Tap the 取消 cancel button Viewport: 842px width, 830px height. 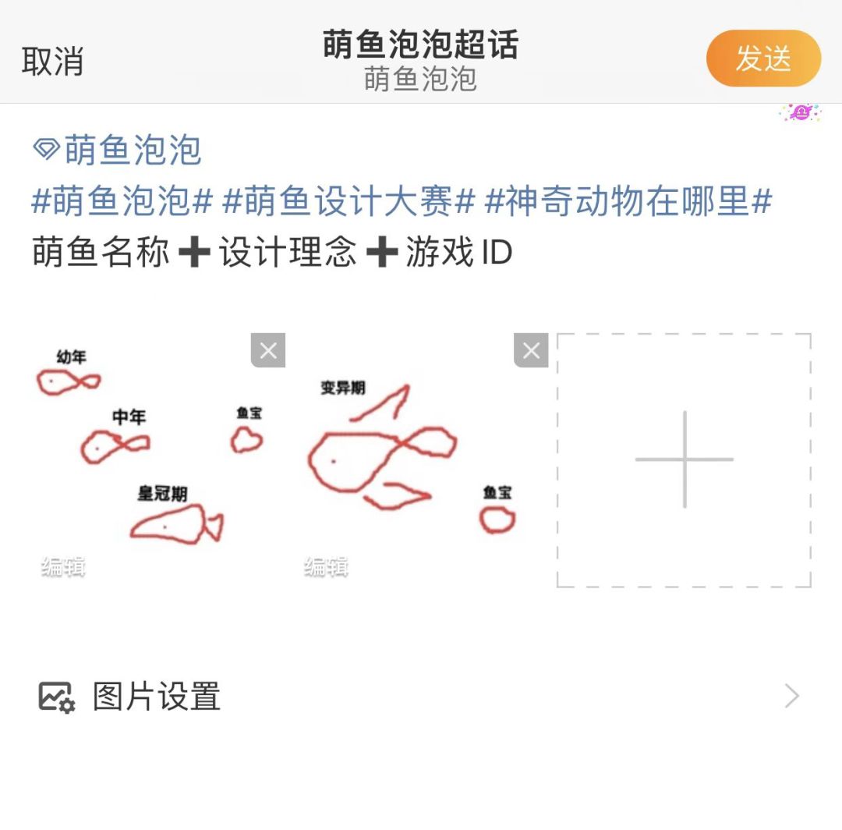(x=53, y=61)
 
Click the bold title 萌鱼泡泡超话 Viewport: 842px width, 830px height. (x=420, y=44)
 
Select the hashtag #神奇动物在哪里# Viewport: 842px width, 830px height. (x=628, y=200)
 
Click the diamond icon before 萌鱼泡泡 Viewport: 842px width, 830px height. (x=46, y=149)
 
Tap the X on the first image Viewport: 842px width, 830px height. (x=268, y=350)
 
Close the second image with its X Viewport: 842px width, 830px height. (x=531, y=350)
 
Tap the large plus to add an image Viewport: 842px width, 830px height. (x=685, y=459)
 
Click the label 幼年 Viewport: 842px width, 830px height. (x=72, y=356)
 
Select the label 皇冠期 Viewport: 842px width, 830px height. (x=163, y=493)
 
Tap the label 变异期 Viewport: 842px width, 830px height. (x=343, y=388)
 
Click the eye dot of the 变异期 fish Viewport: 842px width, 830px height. (x=334, y=461)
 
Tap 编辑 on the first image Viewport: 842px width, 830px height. (x=63, y=567)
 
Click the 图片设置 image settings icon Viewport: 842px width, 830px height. (x=56, y=697)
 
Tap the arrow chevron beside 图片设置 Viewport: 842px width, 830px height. (x=792, y=697)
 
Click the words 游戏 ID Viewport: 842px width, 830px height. (x=458, y=251)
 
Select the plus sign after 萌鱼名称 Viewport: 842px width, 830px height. (x=194, y=251)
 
